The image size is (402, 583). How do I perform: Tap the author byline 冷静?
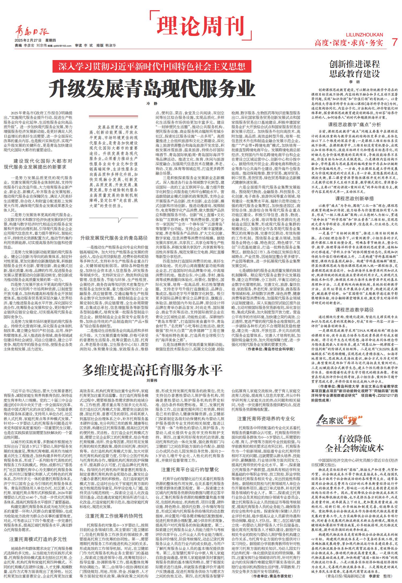point(152,103)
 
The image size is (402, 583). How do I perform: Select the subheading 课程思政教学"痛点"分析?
point(355,125)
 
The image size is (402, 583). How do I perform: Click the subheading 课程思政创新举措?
point(355,199)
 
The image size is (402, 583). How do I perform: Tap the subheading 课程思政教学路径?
point(355,310)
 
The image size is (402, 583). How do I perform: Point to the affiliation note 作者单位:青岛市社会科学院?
point(270,349)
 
